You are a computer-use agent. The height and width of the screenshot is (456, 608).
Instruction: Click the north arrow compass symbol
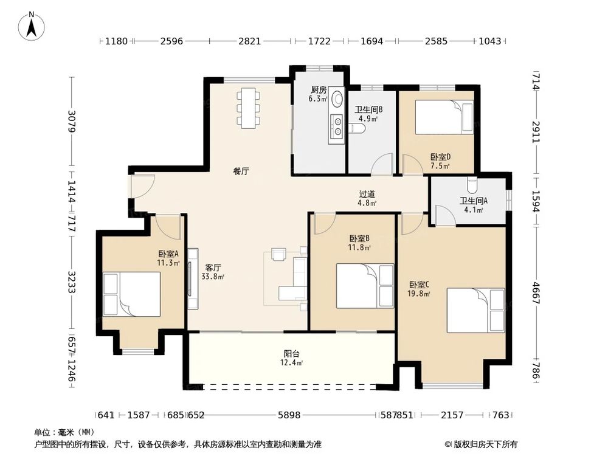[32, 26]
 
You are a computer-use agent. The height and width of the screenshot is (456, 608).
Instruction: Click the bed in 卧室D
[444, 117]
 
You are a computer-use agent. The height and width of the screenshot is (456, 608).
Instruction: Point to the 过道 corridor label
[367, 194]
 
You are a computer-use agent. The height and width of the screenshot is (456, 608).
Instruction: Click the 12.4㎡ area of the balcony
[291, 363]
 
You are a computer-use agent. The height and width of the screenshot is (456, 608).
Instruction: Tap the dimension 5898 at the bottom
[289, 415]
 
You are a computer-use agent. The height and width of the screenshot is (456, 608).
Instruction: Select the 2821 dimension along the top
[250, 41]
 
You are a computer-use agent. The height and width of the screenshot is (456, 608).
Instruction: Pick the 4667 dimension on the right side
[536, 293]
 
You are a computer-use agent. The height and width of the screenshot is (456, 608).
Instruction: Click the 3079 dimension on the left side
[72, 122]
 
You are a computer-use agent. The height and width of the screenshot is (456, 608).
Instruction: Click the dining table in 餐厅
[249, 108]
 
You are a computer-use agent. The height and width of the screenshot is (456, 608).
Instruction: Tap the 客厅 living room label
[213, 268]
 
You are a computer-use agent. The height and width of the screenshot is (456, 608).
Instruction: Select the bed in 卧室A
[132, 294]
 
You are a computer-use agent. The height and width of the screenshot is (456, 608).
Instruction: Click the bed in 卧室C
[476, 310]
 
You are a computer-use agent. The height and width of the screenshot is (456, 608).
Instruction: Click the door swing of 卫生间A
[445, 215]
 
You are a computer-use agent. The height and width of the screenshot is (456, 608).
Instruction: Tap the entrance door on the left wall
[142, 187]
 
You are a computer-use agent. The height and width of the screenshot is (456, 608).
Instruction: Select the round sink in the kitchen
[337, 99]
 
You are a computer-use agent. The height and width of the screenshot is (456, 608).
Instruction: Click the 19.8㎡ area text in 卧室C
[419, 294]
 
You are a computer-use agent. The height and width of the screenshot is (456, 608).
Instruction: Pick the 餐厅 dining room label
[241, 171]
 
